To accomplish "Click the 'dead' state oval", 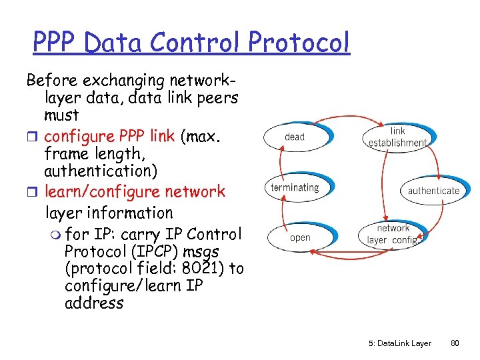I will [x=295, y=137].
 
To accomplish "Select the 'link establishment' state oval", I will [x=397, y=137].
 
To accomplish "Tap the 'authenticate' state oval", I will [x=433, y=191].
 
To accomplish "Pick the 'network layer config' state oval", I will [x=393, y=234].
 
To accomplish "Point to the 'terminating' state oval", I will [x=295, y=187].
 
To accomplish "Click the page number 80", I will [x=455, y=343].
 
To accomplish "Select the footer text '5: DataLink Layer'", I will [x=399, y=343].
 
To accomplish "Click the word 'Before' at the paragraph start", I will [x=52, y=81].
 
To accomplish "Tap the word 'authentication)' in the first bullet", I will [x=101, y=171].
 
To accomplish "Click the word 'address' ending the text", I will [x=94, y=303].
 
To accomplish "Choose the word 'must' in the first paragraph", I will [x=61, y=115].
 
